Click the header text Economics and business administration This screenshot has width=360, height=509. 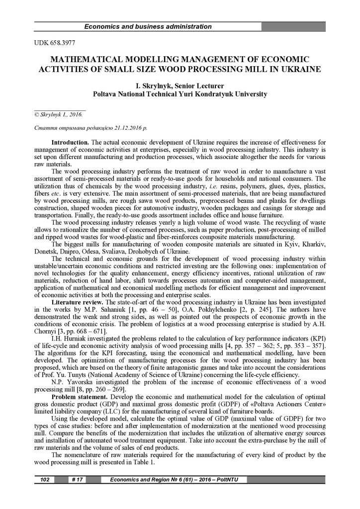[x=148, y=27]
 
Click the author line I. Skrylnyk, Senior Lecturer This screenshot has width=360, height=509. [x=180, y=85]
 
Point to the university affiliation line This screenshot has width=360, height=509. [x=180, y=93]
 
